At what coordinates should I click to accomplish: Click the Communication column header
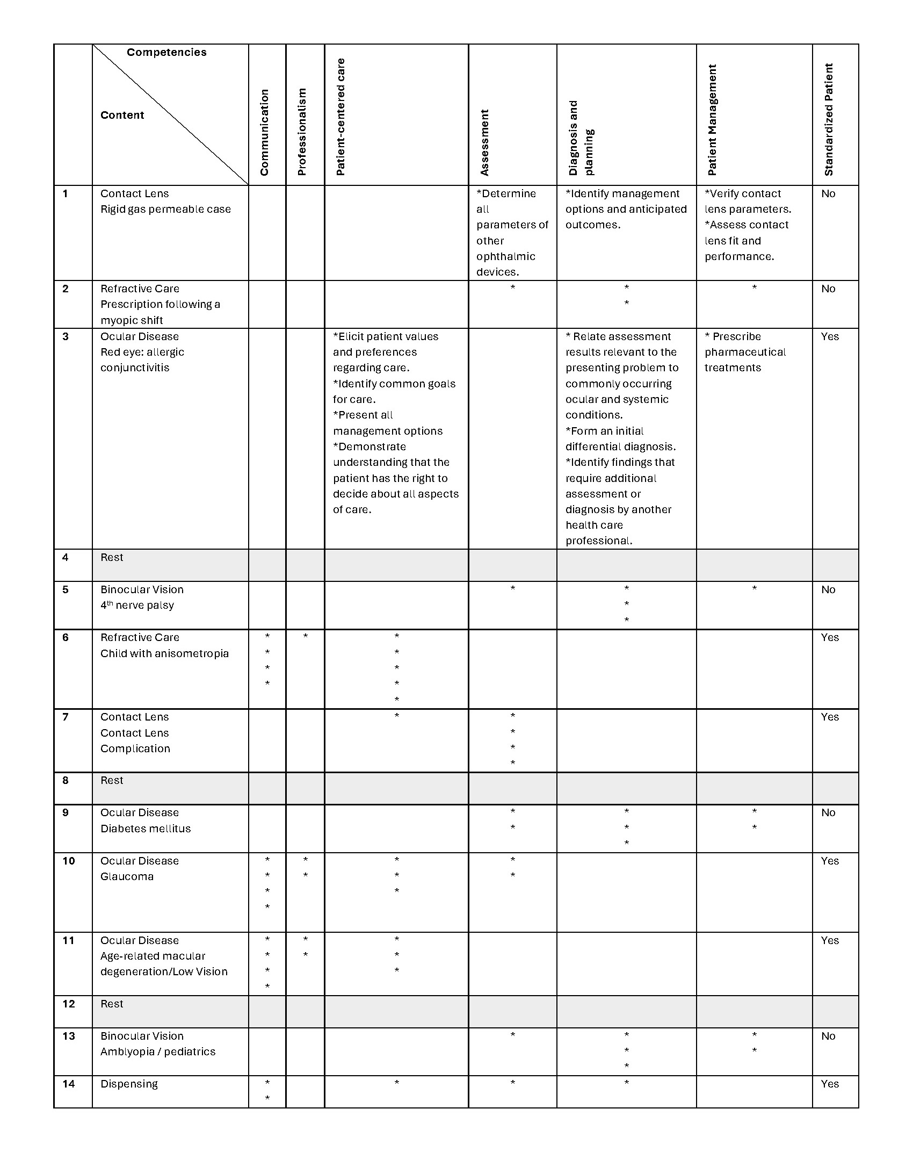click(264, 132)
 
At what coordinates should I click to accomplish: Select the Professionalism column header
click(302, 132)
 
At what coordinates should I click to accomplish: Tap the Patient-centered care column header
click(340, 117)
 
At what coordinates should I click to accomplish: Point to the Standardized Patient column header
click(829, 119)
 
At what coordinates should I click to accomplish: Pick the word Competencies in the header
click(166, 52)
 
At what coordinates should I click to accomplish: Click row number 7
click(66, 717)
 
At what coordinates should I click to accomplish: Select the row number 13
click(68, 1036)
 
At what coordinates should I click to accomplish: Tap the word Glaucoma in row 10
click(127, 876)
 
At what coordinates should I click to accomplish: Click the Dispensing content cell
click(129, 1084)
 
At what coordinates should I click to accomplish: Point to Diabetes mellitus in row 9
click(146, 829)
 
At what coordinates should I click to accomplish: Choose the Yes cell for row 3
click(830, 336)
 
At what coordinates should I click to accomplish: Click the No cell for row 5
click(828, 589)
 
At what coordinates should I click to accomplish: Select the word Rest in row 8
click(112, 780)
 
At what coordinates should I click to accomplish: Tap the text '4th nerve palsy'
click(137, 605)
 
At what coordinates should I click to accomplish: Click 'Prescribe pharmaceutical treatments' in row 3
click(744, 352)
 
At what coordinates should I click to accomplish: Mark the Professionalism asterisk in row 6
click(306, 637)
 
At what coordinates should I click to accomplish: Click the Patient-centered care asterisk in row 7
click(397, 716)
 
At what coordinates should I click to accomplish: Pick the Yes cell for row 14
click(830, 1084)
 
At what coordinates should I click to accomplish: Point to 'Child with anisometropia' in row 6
click(164, 653)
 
